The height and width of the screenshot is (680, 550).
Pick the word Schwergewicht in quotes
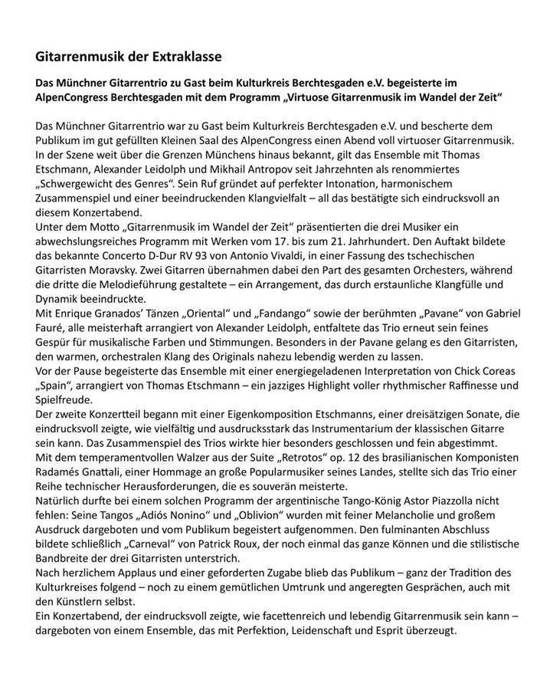[85, 184]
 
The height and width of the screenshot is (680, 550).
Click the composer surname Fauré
[54, 329]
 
